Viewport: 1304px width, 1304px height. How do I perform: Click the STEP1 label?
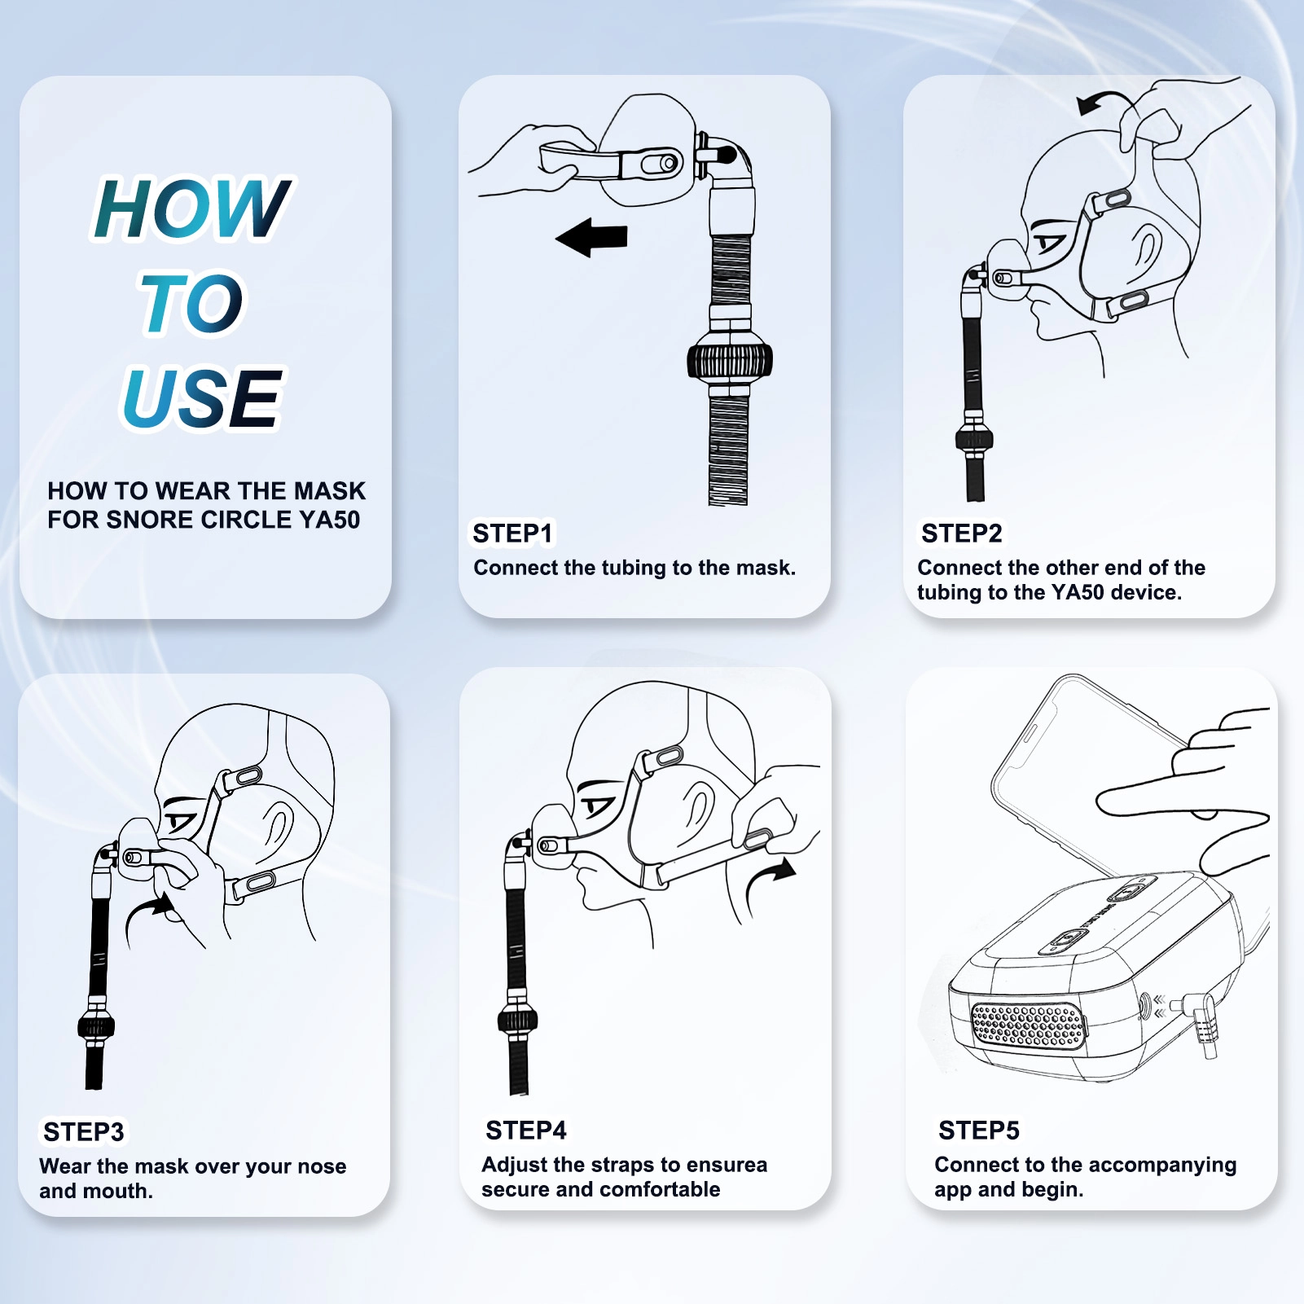(x=512, y=533)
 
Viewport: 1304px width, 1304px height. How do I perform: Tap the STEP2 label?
(x=961, y=533)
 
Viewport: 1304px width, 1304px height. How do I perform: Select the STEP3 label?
(x=83, y=1132)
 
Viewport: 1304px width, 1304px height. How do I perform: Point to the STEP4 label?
(x=525, y=1131)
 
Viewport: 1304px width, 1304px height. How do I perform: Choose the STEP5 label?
(x=978, y=1131)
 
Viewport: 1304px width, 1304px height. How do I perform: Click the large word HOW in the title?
(x=192, y=209)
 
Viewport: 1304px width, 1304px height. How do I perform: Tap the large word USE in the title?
(x=202, y=397)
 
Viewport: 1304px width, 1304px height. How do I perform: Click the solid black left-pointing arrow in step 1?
(x=591, y=238)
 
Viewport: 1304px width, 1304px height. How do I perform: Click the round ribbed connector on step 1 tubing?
(x=730, y=360)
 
